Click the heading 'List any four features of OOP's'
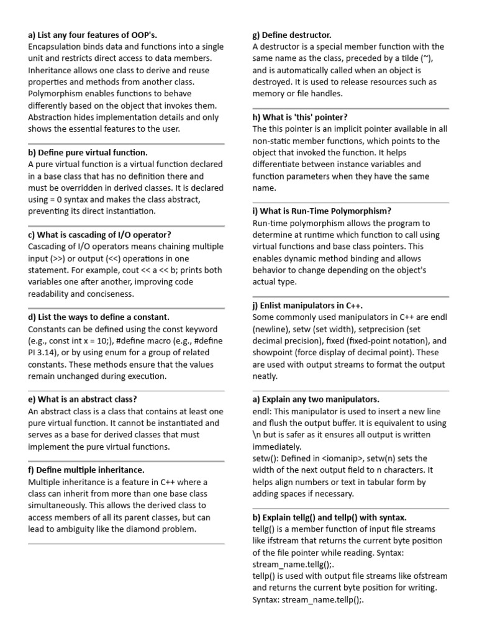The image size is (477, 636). pos(97,34)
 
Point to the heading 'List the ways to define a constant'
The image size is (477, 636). pos(99,317)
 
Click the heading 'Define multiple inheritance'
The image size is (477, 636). pos(86,470)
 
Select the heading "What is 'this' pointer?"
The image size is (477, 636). pos(300,117)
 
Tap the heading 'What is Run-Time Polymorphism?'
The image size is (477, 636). pos(322,211)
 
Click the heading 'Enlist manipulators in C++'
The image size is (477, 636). pos(307,306)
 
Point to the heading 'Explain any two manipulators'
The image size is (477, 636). pos(316,399)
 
